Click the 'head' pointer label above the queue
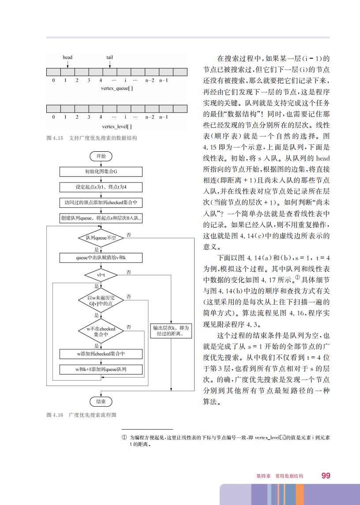[67, 57]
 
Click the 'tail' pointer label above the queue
[110, 57]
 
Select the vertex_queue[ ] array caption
[117, 89]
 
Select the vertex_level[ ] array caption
[117, 127]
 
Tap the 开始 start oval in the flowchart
[101, 156]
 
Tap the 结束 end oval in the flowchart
[101, 401]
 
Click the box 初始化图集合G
[101, 172]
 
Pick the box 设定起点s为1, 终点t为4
[101, 187]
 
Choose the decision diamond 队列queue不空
[101, 238]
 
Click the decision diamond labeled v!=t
[101, 275]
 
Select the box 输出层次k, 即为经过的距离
[172, 331]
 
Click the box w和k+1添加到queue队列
[101, 369]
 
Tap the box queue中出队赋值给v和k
[101, 257]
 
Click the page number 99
[326, 475]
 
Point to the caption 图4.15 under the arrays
[92, 138]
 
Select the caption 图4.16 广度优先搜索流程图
[82, 415]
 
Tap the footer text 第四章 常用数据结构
[280, 476]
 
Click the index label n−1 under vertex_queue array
[164, 80]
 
